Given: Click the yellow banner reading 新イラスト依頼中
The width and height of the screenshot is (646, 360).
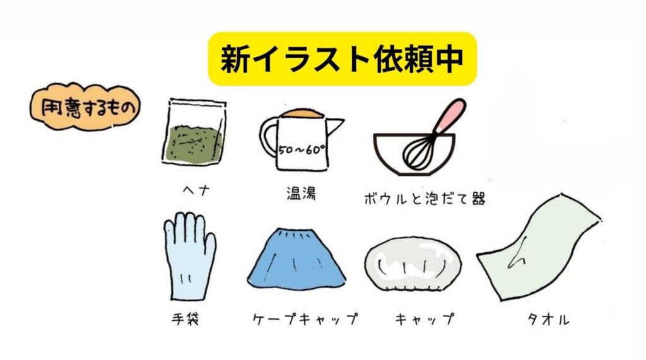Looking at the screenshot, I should pos(342,59).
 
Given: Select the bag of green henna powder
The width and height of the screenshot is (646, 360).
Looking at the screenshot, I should pos(194,135).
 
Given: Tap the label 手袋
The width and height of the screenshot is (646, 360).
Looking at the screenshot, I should pos(184,318).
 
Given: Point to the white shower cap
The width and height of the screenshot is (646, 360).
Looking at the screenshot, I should pos(413,265).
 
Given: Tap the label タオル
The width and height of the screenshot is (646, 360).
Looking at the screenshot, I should pos(548,319).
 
